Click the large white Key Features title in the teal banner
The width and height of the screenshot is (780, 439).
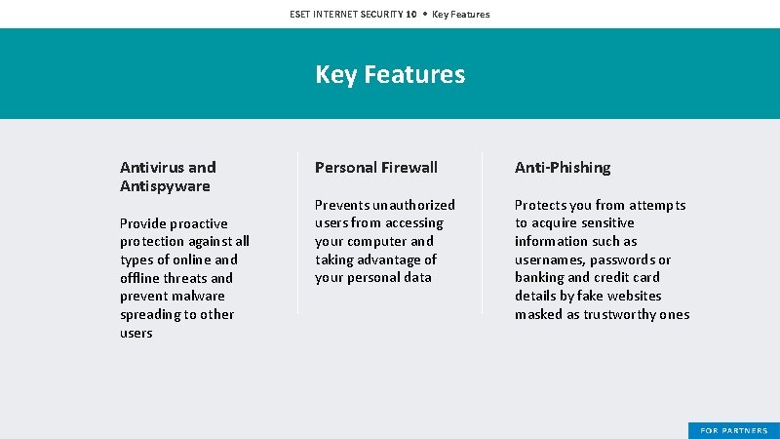click(x=390, y=75)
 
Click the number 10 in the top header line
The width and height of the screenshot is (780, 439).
click(x=410, y=15)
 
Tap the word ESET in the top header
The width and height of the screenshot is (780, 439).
click(x=301, y=15)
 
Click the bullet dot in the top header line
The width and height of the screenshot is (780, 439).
click(x=424, y=15)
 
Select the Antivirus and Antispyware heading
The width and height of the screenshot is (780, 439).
click(x=168, y=177)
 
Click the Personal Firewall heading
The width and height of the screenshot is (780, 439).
click(x=376, y=168)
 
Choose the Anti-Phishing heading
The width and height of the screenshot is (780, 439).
click(x=563, y=168)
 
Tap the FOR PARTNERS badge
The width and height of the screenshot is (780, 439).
click(x=734, y=430)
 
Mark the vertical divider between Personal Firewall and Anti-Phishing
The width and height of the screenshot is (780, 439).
click(x=482, y=234)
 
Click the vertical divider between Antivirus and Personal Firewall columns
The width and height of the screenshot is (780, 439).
click(x=298, y=234)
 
